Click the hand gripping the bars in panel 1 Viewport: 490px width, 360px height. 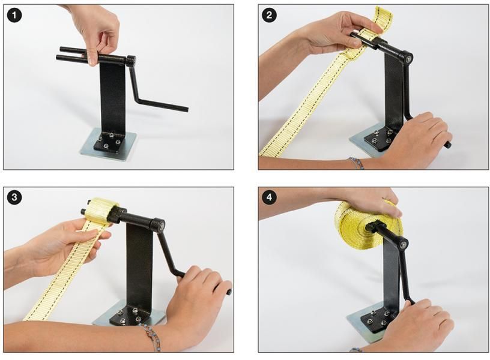(96, 30)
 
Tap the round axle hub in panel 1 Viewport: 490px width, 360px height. (130, 61)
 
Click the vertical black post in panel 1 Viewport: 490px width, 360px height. (112, 96)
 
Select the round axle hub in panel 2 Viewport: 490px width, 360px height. (408, 58)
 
